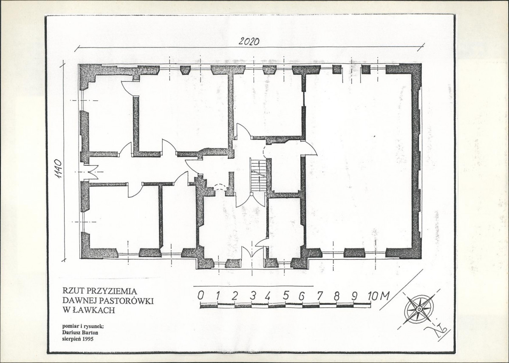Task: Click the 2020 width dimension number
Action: [249, 42]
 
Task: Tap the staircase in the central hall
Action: [258, 175]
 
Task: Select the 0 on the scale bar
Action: [201, 296]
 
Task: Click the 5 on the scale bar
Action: [286, 296]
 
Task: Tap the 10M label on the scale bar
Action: [379, 296]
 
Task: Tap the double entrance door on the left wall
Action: [89, 171]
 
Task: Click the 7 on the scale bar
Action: [320, 296]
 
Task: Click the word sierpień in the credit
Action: [72, 339]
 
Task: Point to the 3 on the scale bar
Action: [253, 296]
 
